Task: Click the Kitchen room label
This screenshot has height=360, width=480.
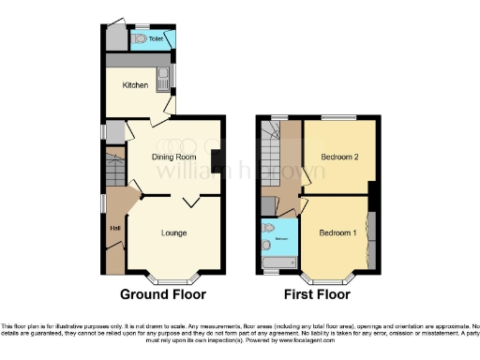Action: coord(136,84)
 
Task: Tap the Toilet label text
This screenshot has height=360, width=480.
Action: coord(156,39)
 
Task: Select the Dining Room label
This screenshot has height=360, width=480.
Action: coord(166,157)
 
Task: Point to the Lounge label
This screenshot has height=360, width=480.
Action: coord(175,232)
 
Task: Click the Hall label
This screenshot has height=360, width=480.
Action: coord(115,228)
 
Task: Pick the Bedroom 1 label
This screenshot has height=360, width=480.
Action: coord(336,232)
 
